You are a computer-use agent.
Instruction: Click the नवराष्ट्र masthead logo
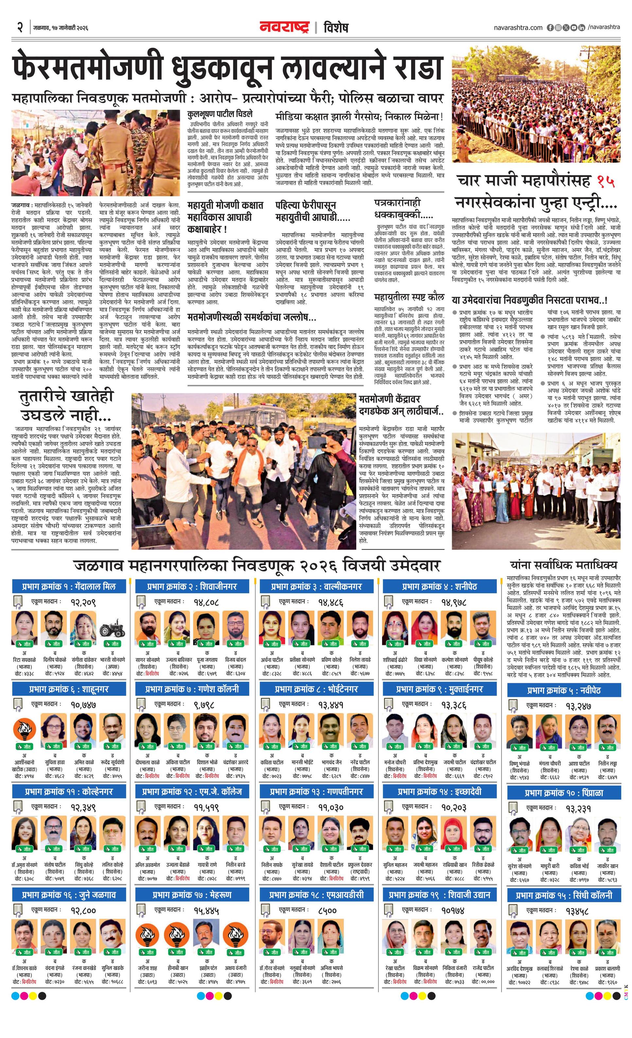284,27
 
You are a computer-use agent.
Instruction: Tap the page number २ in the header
19,28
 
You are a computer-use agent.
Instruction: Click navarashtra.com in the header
518,28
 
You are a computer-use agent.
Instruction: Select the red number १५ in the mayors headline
606,181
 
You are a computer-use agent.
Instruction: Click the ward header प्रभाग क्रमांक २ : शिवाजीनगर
192,586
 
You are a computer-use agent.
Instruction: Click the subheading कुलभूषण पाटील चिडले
220,114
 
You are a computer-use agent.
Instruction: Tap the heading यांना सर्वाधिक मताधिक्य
563,565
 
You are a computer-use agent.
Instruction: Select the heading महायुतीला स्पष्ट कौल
409,298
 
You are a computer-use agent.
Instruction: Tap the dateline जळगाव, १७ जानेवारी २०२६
60,28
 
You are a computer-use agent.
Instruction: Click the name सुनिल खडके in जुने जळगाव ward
113,968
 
